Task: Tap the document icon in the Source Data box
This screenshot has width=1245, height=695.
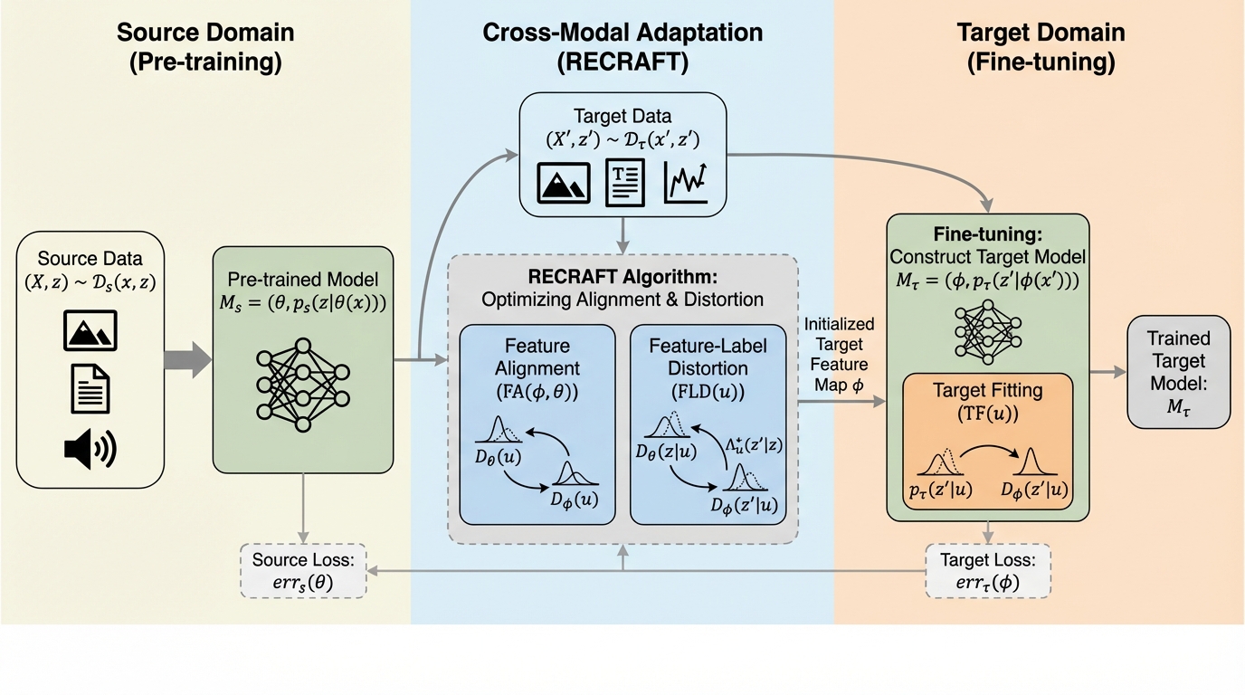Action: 90,390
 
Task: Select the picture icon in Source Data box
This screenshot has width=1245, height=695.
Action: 90,330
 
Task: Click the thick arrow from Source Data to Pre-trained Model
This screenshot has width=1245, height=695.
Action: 186,359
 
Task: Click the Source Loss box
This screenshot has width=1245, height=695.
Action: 302,570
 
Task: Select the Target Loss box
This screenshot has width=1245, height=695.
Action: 987,570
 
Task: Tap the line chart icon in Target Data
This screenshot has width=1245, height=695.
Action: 686,181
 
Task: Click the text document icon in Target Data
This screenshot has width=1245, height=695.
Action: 624,182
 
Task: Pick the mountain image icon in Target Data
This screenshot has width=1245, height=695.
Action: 564,182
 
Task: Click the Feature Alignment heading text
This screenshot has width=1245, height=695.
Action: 537,357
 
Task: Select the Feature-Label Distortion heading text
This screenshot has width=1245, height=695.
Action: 707,357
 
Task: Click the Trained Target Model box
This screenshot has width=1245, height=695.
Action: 1178,371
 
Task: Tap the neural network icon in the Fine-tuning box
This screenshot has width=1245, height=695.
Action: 987,329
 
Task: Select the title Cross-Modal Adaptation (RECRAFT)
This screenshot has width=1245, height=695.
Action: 622,48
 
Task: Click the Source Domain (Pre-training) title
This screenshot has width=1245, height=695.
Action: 205,48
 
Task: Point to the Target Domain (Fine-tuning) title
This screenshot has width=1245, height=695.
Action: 1041,48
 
